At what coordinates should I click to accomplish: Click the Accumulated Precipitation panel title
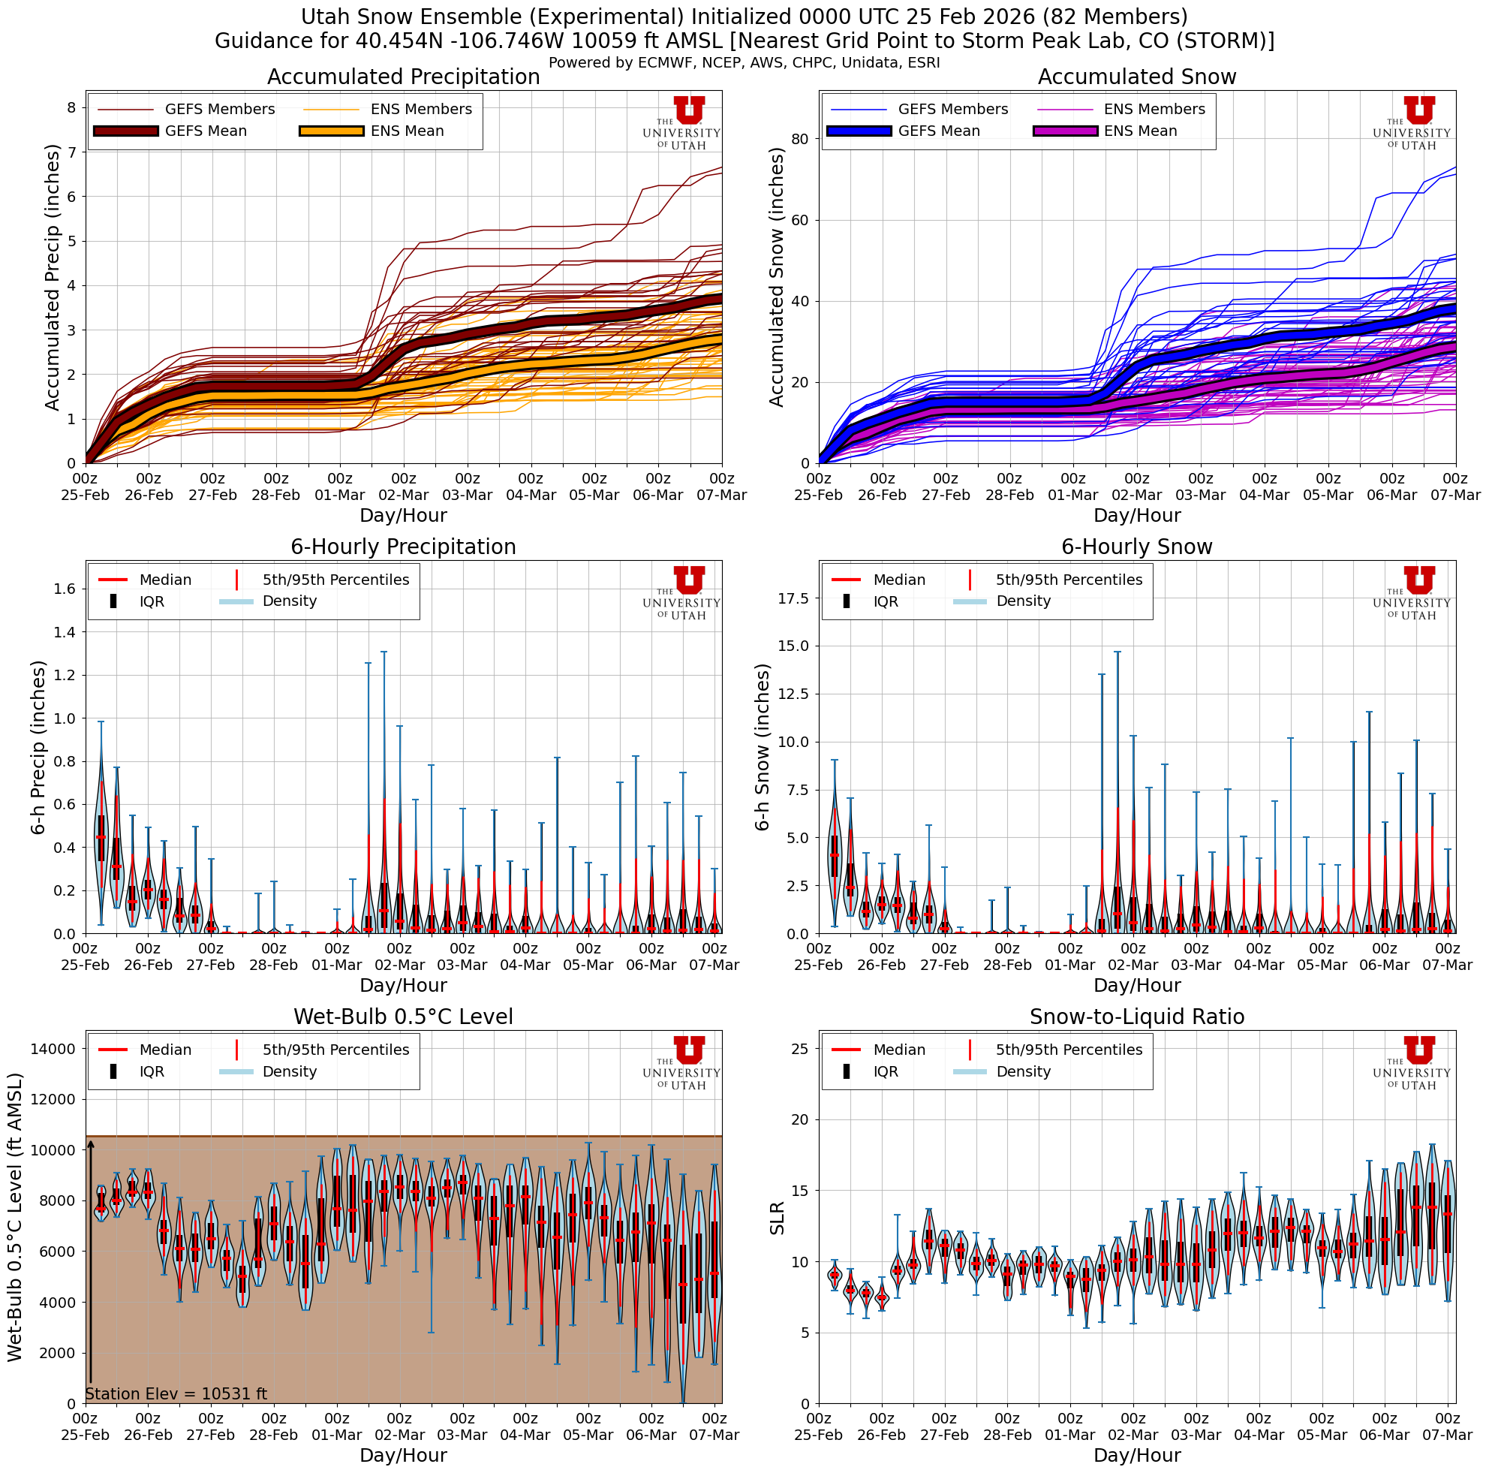point(403,77)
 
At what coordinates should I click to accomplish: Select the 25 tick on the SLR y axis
point(799,1048)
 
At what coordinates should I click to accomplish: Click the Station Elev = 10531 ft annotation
point(176,1393)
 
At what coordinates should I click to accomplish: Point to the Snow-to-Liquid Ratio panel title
point(1137,1017)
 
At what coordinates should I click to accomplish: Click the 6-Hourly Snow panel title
point(1137,547)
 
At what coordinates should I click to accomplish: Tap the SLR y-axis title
point(777,1218)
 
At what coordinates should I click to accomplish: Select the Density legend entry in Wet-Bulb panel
point(289,1071)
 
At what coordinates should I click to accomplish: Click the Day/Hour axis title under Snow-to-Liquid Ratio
point(1137,1455)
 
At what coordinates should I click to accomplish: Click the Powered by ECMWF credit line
point(744,62)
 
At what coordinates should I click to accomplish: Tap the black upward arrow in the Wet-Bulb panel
point(90,1264)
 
